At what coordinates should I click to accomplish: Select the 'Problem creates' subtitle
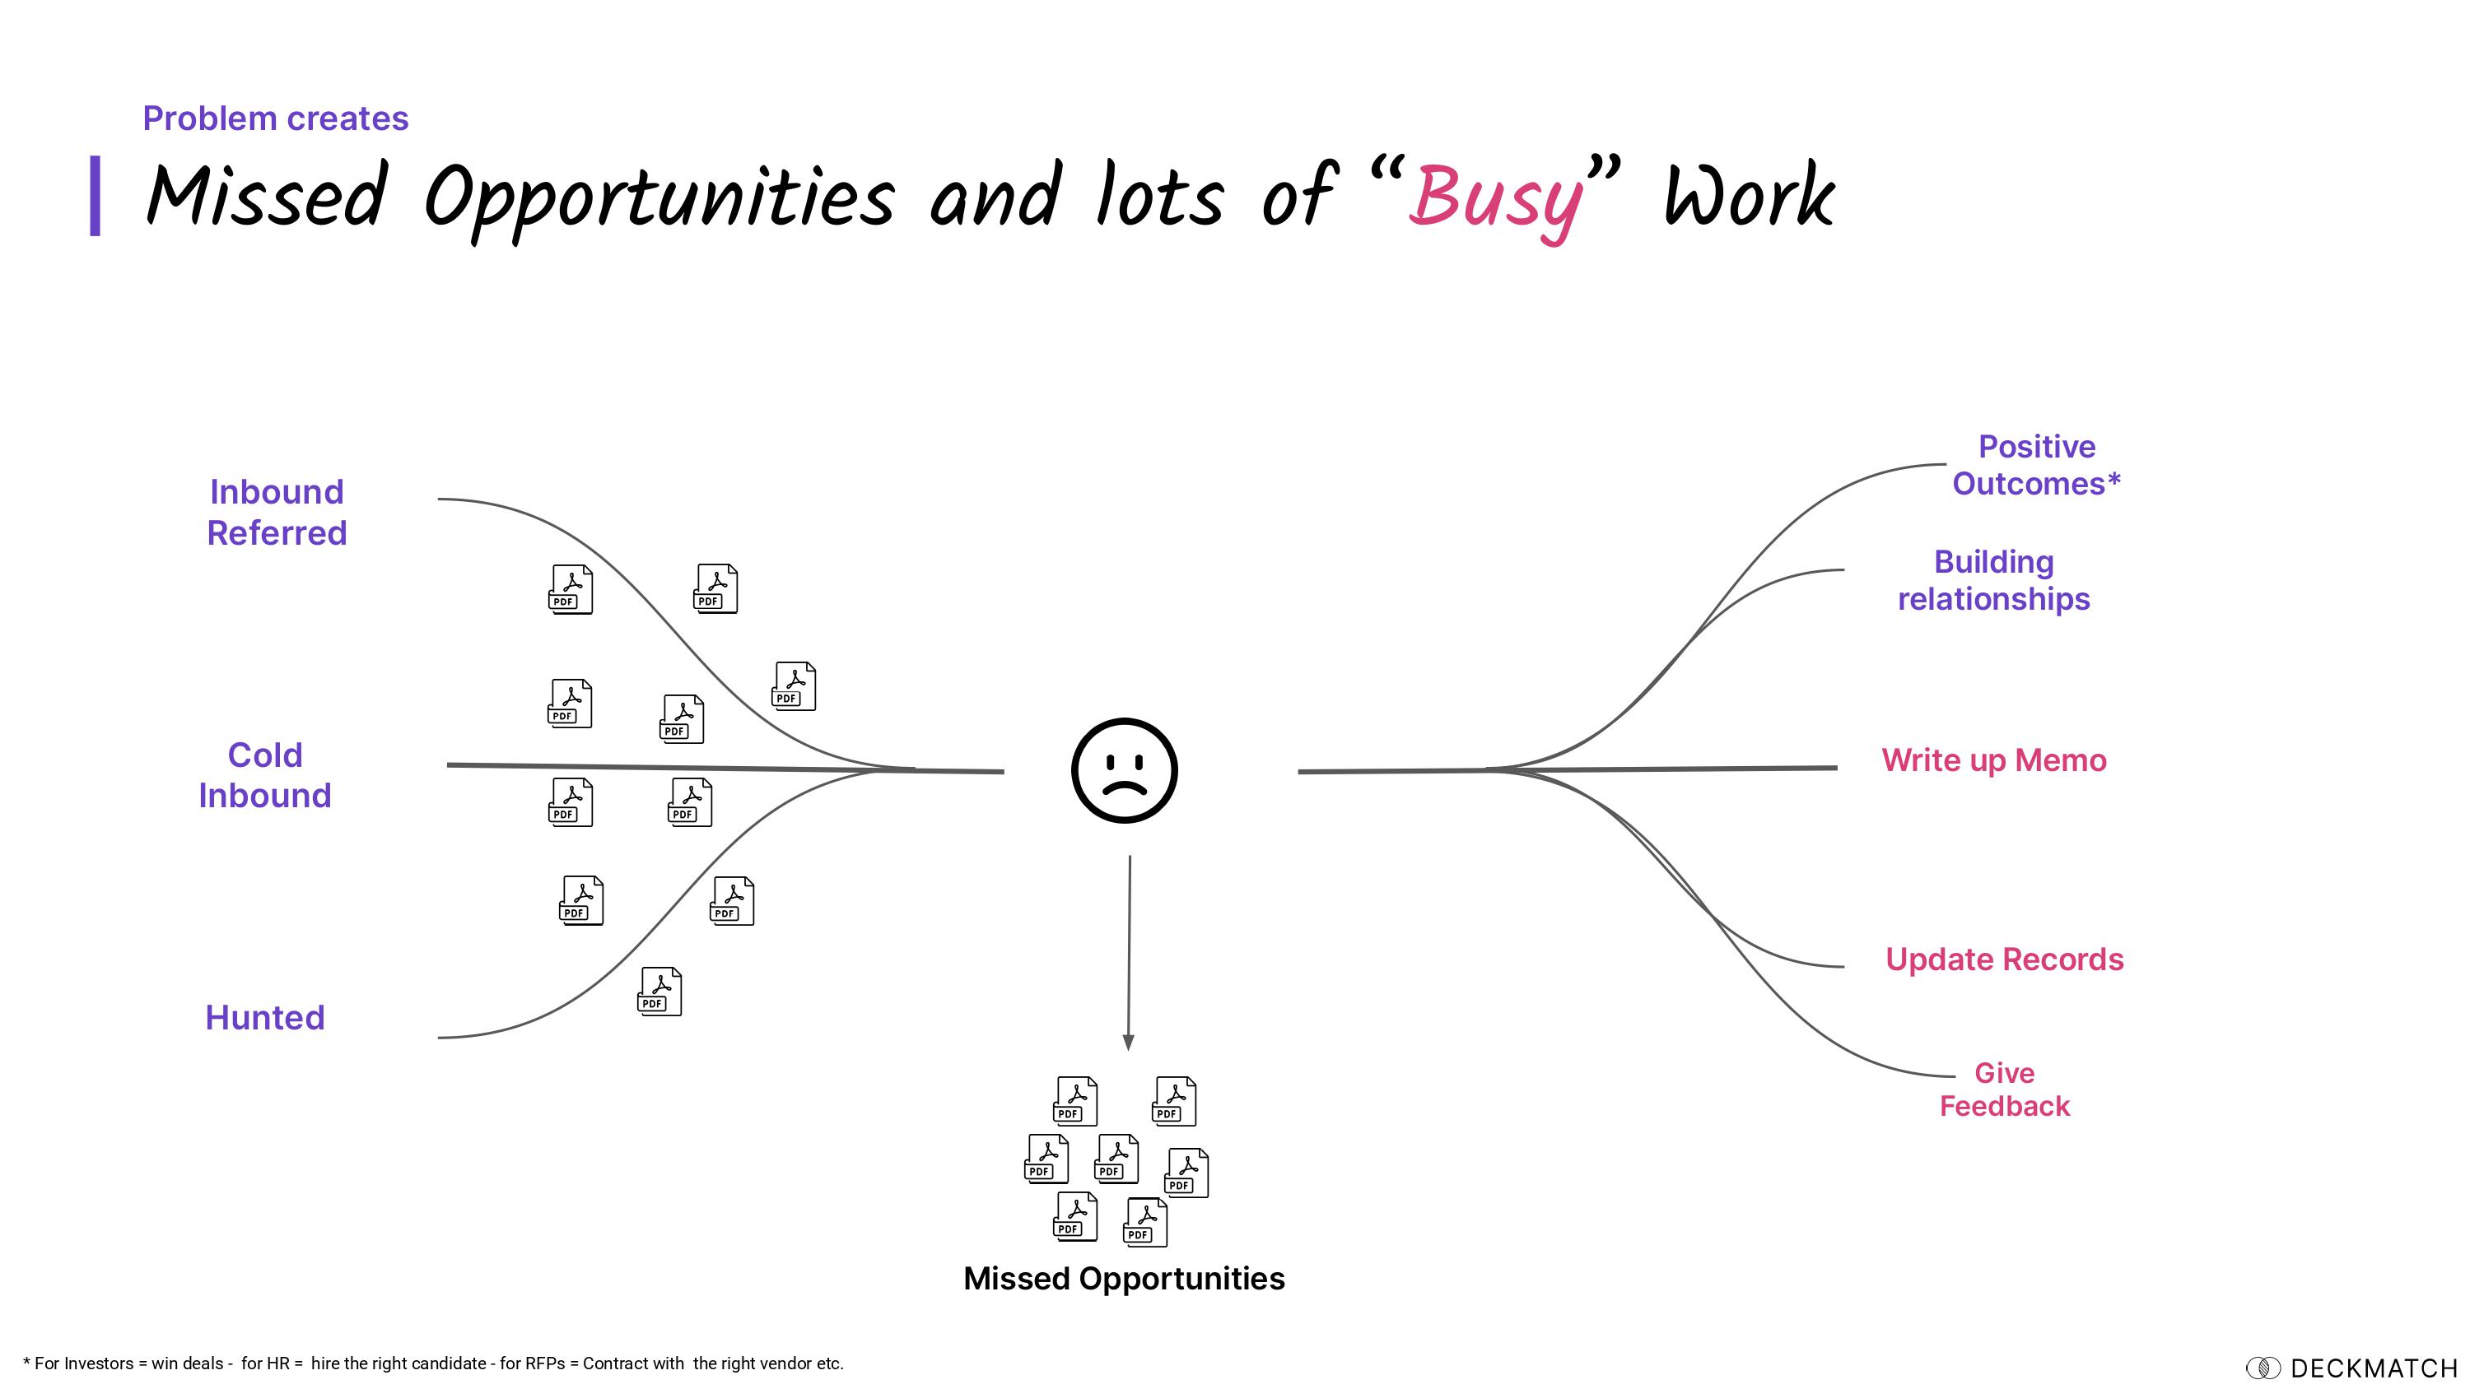pyautogui.click(x=275, y=118)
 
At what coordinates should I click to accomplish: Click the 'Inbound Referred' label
pyautogui.click(x=276, y=512)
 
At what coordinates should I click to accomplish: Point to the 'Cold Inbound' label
pyautogui.click(x=264, y=774)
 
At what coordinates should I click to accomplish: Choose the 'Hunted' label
pyautogui.click(x=264, y=1017)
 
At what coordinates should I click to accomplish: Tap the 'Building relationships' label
pyautogui.click(x=1993, y=580)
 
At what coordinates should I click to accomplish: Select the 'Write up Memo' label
pyautogui.click(x=1993, y=760)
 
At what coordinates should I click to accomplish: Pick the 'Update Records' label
pyautogui.click(x=2004, y=959)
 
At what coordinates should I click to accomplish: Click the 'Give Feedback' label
pyautogui.click(x=2004, y=1089)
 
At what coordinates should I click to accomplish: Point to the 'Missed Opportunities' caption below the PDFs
pyautogui.click(x=1124, y=1279)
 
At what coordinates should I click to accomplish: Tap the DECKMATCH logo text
pyautogui.click(x=2373, y=1368)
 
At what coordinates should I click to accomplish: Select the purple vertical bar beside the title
pyautogui.click(x=95, y=196)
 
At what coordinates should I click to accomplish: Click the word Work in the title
pyautogui.click(x=1748, y=197)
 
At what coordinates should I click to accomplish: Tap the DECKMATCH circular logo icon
pyautogui.click(x=2263, y=1368)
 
